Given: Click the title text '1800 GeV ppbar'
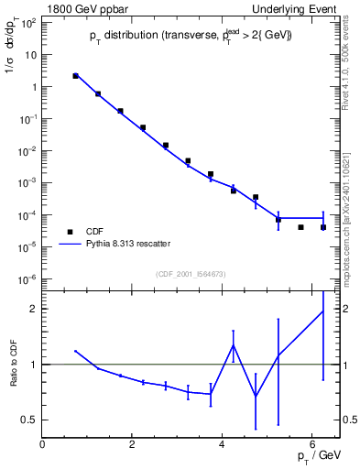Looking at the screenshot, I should click(x=82, y=9).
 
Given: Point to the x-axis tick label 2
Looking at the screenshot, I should click(x=133, y=444).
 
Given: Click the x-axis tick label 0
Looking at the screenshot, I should click(x=43, y=444).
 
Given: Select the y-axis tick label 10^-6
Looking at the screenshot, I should click(x=27, y=278).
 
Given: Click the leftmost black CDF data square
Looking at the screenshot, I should click(x=75, y=76).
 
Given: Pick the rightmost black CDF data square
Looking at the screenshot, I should click(x=323, y=227).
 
